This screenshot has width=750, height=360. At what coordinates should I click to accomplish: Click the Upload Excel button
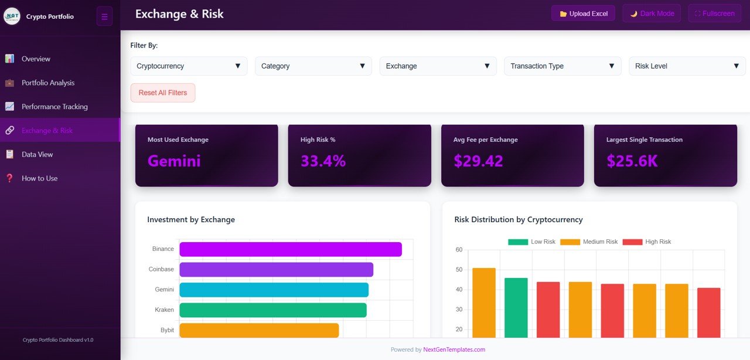tap(583, 13)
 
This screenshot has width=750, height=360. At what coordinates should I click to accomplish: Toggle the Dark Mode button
tap(652, 13)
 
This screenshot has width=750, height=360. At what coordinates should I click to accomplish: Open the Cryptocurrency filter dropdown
tap(189, 66)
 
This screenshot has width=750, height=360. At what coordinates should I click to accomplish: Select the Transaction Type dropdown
tap(562, 66)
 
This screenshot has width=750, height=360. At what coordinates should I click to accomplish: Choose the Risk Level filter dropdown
tap(687, 66)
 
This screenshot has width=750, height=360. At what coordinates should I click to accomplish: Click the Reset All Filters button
tap(163, 93)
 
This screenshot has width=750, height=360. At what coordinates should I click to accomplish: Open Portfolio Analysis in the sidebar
tap(48, 83)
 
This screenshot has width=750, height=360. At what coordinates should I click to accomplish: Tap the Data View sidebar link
tap(37, 154)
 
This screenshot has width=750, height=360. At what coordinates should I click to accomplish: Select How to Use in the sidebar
tap(40, 178)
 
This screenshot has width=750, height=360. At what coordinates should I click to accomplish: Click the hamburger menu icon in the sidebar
tap(104, 16)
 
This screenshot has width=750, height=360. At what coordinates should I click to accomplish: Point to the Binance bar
tap(290, 249)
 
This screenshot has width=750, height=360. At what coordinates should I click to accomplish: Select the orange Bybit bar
tap(259, 330)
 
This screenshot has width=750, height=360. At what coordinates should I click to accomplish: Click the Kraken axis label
tap(164, 310)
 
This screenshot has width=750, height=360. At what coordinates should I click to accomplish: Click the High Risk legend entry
tap(647, 242)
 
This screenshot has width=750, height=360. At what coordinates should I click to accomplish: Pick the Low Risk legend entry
tap(531, 242)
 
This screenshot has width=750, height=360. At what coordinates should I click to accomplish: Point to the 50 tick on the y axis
tap(459, 270)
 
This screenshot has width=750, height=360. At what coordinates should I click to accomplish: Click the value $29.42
tap(478, 161)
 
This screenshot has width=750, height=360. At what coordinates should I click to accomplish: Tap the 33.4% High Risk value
tap(323, 161)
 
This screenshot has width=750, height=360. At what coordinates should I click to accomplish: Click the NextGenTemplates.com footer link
tap(454, 349)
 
